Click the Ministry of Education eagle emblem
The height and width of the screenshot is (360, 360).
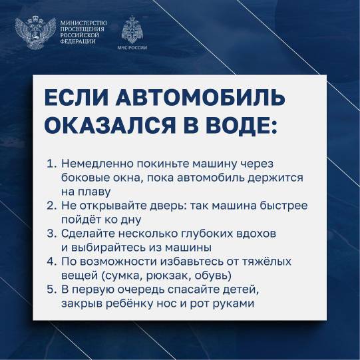(35, 33)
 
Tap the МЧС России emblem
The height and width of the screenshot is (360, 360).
(132, 30)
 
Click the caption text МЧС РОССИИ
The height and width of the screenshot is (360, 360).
(132, 47)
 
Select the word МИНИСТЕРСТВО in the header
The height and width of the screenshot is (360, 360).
(84, 23)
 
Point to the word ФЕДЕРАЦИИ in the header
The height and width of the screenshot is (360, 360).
(78, 41)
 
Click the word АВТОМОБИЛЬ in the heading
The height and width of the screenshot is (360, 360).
(200, 98)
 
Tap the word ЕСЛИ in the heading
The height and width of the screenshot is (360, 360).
(77, 98)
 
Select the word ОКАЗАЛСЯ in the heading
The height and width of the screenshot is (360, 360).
(110, 125)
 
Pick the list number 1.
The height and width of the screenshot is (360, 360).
(51, 164)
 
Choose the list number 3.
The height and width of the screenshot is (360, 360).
(51, 234)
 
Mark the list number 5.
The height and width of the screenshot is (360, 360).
(51, 289)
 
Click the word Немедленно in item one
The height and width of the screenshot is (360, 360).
(98, 164)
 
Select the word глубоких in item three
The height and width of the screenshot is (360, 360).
(207, 234)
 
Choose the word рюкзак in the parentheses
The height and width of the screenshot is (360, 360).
(166, 276)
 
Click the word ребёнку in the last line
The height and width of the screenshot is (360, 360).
(127, 303)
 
